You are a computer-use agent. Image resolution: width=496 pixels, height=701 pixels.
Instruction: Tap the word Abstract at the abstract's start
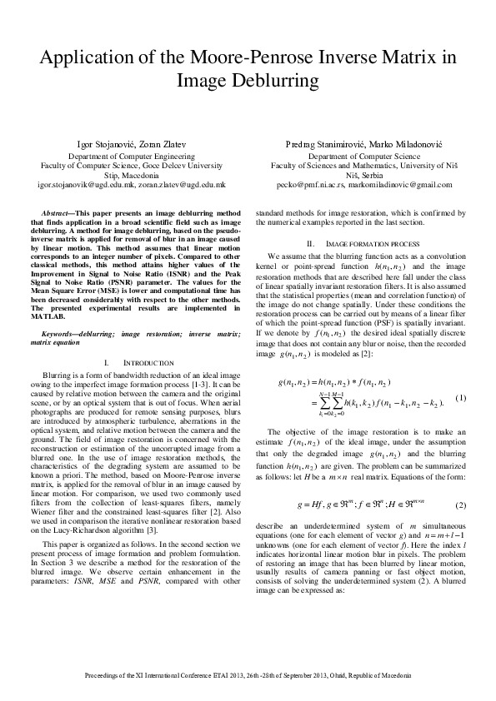tap(58, 214)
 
